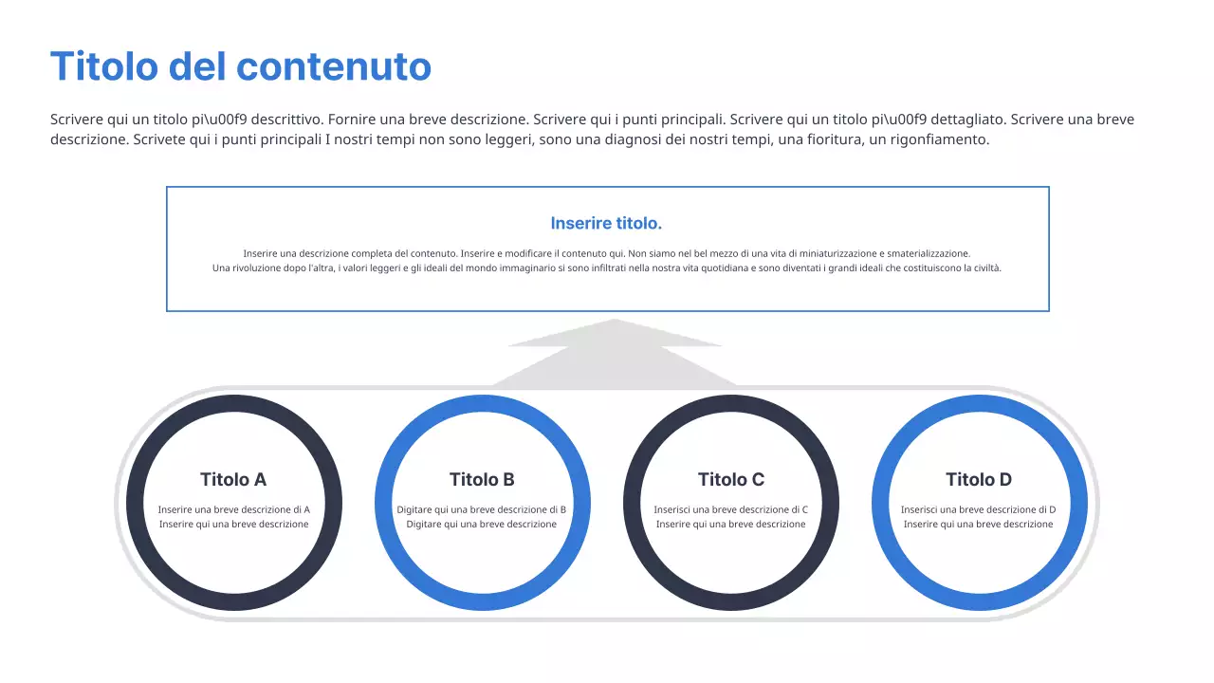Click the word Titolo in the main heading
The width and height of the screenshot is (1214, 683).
click(x=103, y=66)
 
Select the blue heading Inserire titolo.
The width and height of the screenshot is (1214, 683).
click(x=606, y=224)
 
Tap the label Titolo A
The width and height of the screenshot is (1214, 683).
click(x=233, y=479)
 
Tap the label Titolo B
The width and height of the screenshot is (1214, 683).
click(x=482, y=479)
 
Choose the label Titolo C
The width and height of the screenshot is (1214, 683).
click(x=731, y=479)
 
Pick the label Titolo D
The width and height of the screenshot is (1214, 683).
click(x=979, y=479)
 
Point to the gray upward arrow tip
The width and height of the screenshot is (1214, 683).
click(x=615, y=323)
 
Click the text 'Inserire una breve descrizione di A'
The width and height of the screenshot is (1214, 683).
click(x=233, y=509)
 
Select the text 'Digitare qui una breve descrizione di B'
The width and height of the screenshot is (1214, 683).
click(x=482, y=509)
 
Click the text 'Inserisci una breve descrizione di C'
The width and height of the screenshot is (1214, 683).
click(x=731, y=509)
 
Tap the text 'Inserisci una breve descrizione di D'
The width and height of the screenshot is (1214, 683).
click(x=979, y=509)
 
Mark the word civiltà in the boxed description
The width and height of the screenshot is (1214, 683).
click(x=985, y=268)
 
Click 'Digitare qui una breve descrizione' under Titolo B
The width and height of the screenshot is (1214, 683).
click(x=482, y=525)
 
